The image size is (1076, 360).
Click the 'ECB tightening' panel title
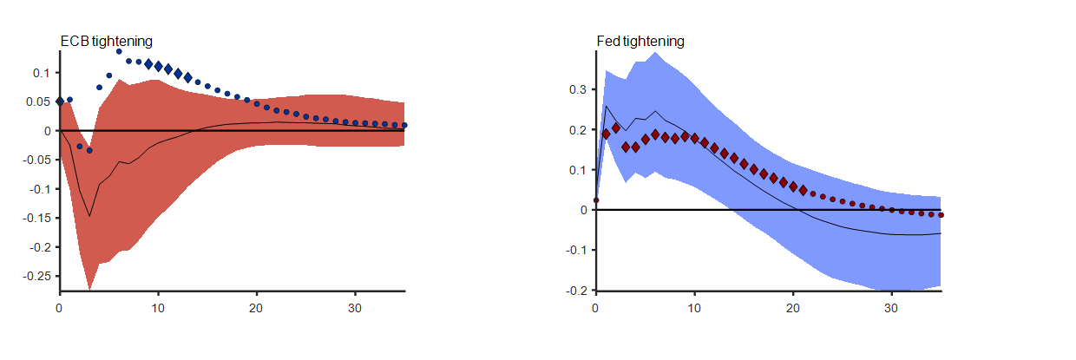pyautogui.click(x=106, y=41)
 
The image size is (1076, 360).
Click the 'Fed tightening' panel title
pyautogui.click(x=640, y=41)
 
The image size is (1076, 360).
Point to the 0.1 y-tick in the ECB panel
pyautogui.click(x=42, y=73)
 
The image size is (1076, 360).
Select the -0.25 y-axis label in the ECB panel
pyautogui.click(x=36, y=276)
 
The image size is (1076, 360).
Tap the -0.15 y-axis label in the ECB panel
pyautogui.click(x=36, y=218)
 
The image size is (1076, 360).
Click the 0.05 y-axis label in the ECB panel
pyautogui.click(x=39, y=101)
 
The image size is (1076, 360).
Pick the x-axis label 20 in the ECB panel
pyautogui.click(x=257, y=309)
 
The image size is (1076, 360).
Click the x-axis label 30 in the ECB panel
pyautogui.click(x=355, y=309)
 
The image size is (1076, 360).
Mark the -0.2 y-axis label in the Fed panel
pyautogui.click(x=575, y=291)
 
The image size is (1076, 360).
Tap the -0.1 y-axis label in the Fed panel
pyautogui.click(x=575, y=251)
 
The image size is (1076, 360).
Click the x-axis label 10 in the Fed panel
pyautogui.click(x=694, y=309)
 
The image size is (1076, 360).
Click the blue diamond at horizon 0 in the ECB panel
pyautogui.click(x=60, y=101)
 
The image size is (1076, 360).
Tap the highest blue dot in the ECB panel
pyautogui.click(x=119, y=51)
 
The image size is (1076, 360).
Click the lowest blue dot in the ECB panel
pyautogui.click(x=89, y=150)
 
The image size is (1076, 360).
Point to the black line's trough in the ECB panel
pyautogui.click(x=89, y=217)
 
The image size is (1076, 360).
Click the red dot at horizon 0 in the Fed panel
pyautogui.click(x=595, y=200)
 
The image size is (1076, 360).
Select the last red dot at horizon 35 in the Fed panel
pyautogui.click(x=941, y=215)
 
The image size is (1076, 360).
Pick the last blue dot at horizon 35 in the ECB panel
pyautogui.click(x=405, y=126)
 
